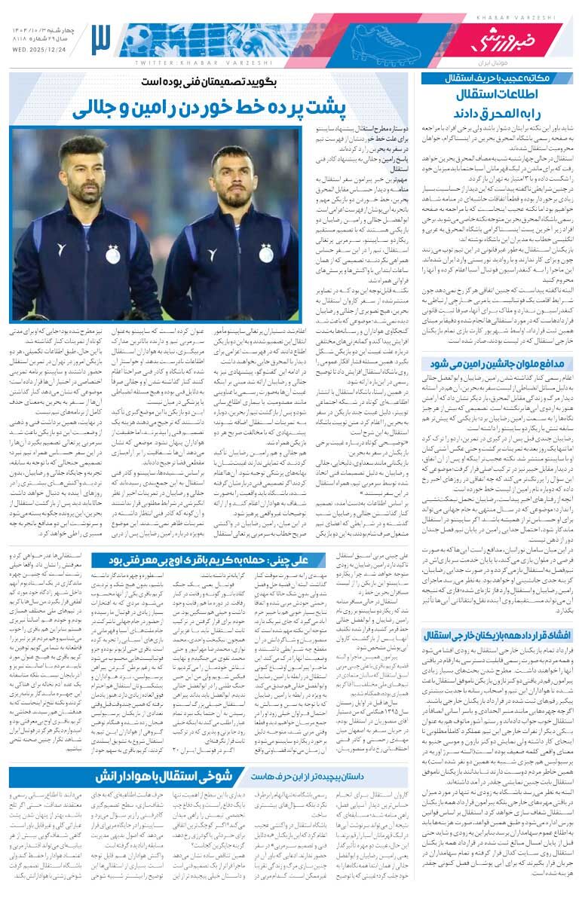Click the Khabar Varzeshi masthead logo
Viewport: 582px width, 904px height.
[x=497, y=38]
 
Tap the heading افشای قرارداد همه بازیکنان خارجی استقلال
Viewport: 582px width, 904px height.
[x=494, y=634]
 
